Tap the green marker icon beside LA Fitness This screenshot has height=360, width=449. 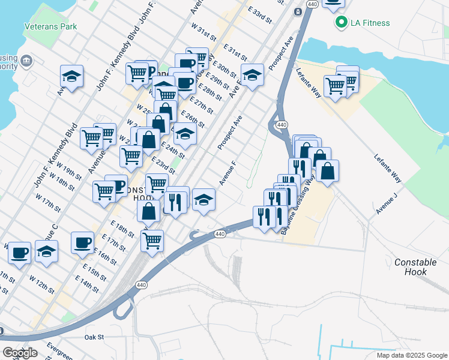pyautogui.click(x=342, y=23)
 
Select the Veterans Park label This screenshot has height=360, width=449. pyautogui.click(x=50, y=27)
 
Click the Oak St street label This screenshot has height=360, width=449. pyautogui.click(x=94, y=337)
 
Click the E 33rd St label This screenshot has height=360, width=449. pyautogui.click(x=260, y=11)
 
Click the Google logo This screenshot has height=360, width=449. pyautogui.click(x=20, y=353)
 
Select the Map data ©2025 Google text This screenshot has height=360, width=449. pyautogui.click(x=412, y=355)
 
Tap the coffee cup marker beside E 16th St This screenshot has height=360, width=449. pyautogui.click(x=82, y=243)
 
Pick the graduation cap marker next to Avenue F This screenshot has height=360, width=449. pyautogui.click(x=204, y=200)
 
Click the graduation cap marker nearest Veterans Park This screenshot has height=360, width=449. pyautogui.click(x=71, y=76)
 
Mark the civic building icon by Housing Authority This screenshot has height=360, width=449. pyautogui.click(x=26, y=61)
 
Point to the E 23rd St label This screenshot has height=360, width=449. pyautogui.click(x=163, y=166)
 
